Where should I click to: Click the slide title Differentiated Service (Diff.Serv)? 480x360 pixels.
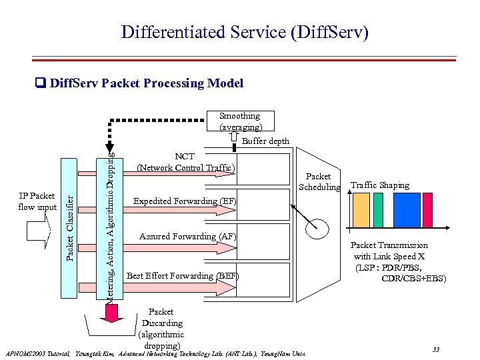pyautogui.click(x=244, y=31)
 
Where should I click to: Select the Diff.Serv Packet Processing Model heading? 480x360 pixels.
pyautogui.click(x=146, y=83)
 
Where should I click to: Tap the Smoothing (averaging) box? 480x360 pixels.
pyautogui.click(x=241, y=121)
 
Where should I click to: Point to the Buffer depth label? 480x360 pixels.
pyautogui.click(x=265, y=141)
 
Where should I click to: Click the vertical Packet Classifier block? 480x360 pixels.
pyautogui.click(x=69, y=227)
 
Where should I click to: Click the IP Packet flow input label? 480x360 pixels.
pyautogui.click(x=38, y=201)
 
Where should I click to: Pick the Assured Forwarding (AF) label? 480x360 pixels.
pyautogui.click(x=187, y=236)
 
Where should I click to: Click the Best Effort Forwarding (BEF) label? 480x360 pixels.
pyautogui.click(x=183, y=275)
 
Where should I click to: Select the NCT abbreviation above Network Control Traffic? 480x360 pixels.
pyautogui.click(x=185, y=157)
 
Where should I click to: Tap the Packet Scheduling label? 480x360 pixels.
pyautogui.click(x=319, y=182)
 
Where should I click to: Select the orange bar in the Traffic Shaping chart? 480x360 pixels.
pyautogui.click(x=361, y=210)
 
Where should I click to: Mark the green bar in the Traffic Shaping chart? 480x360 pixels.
pyautogui.click(x=379, y=210)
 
